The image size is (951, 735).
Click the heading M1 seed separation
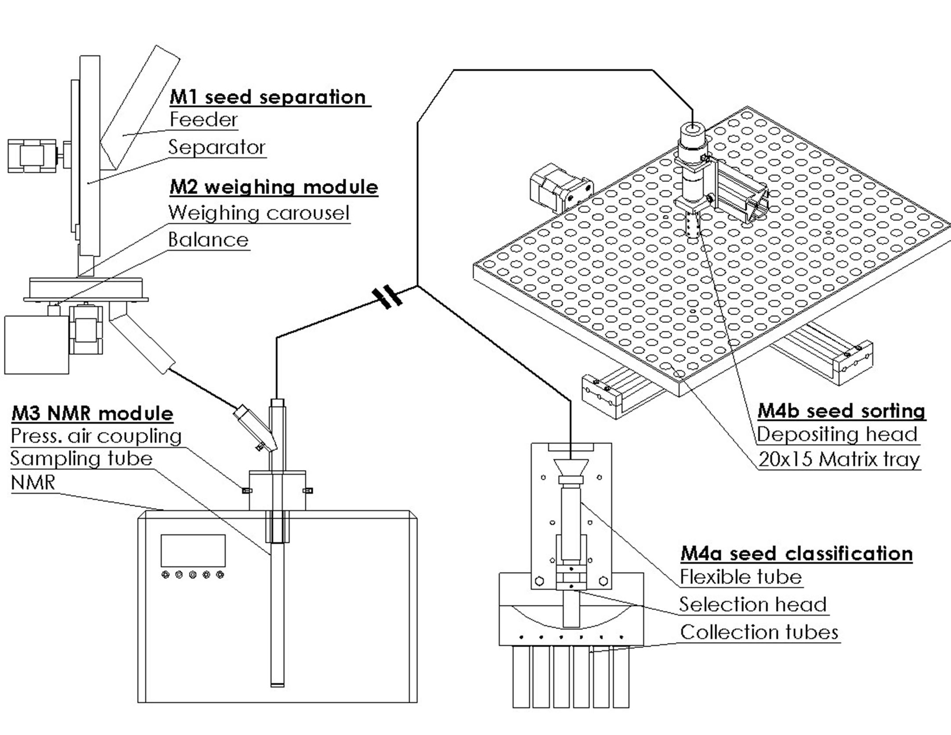point(268,97)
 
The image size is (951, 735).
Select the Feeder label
point(204,119)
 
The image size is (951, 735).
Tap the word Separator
point(217,147)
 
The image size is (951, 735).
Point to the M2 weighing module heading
point(274,187)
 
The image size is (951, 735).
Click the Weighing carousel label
point(259,213)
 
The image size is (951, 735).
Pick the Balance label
point(208,240)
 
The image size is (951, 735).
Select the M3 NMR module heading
point(92,413)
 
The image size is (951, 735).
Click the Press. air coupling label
point(96,436)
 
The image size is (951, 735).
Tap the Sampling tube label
point(81,459)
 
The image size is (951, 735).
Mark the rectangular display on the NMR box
point(193,550)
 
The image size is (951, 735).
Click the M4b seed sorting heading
point(841,411)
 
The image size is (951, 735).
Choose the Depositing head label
point(837,434)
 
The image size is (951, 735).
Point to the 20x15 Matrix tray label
point(839,460)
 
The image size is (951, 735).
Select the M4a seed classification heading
point(796,554)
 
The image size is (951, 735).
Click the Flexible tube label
point(741,577)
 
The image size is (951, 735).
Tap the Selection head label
point(753,605)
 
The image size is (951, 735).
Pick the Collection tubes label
point(759,632)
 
